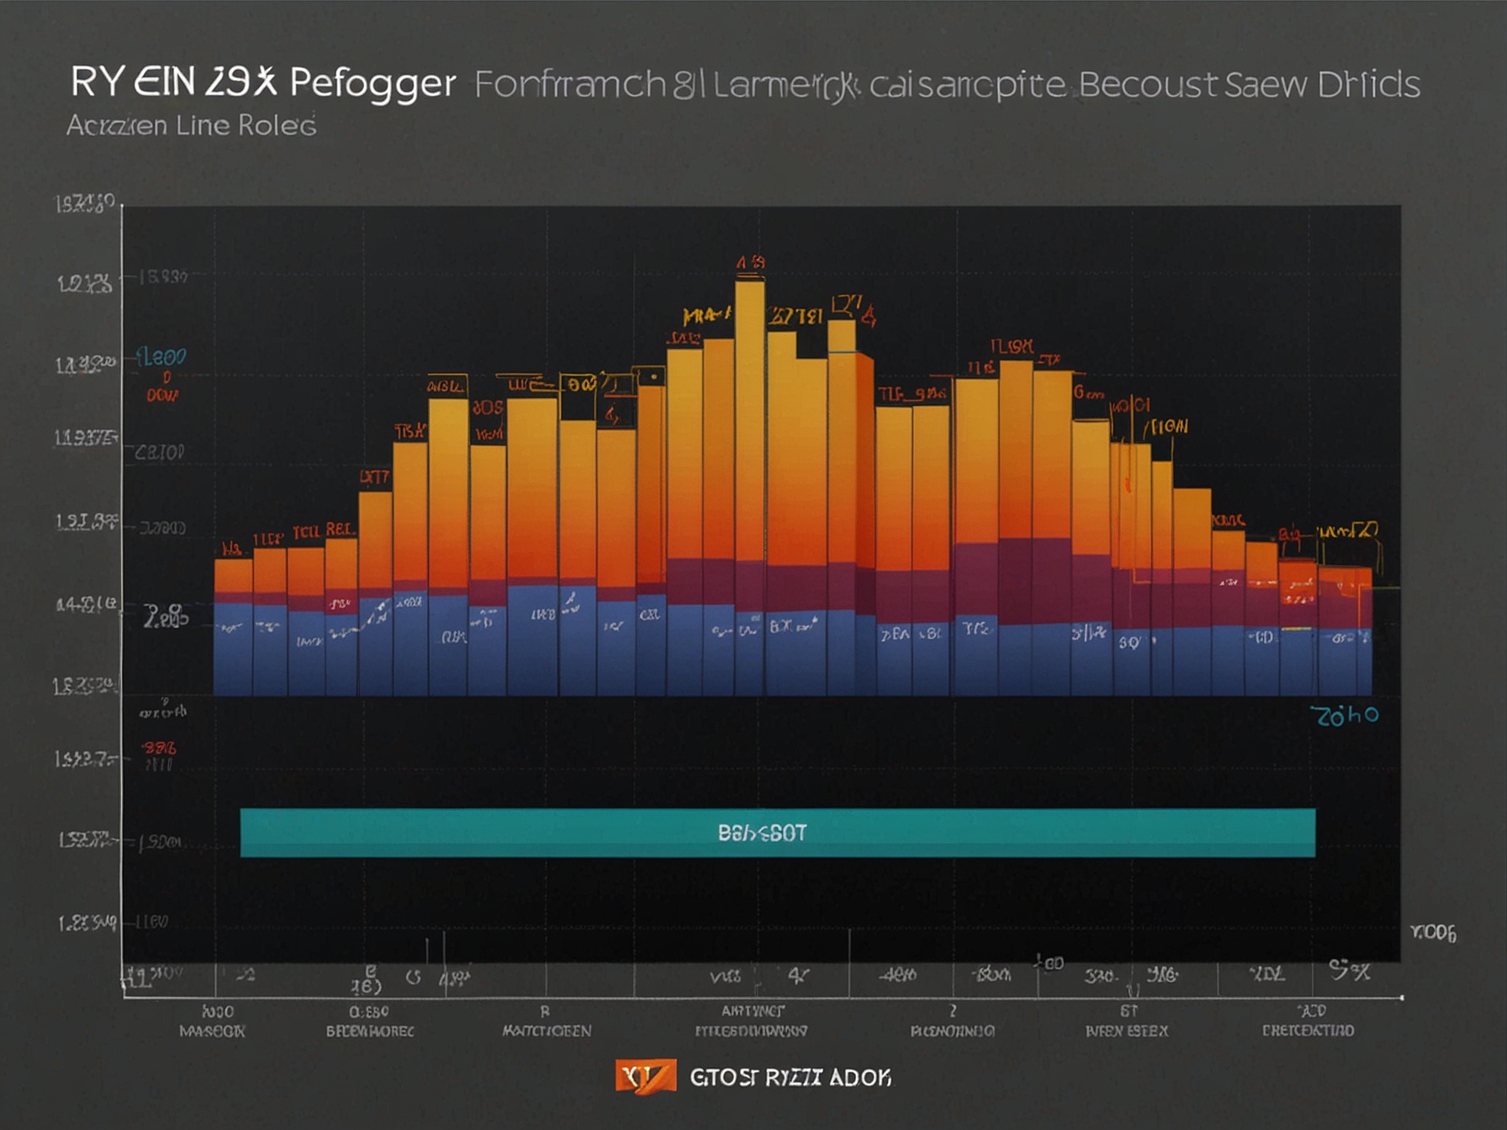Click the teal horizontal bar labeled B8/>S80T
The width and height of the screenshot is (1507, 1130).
point(777,832)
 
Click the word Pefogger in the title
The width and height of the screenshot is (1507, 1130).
point(373,82)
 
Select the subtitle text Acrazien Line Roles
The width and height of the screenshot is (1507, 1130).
point(191,125)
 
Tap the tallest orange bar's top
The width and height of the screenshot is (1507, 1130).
point(749,285)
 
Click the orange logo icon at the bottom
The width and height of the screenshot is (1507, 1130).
point(645,1076)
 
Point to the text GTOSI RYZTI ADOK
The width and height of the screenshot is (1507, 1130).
point(790,1077)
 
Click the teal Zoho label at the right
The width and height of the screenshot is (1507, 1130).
point(1345,715)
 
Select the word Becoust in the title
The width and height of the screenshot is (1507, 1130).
point(1147,84)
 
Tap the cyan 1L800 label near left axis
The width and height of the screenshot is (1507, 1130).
point(161,356)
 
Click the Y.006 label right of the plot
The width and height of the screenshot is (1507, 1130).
point(1433,932)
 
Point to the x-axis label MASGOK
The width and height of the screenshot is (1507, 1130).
point(212,1031)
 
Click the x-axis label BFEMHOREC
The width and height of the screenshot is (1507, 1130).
point(370,1031)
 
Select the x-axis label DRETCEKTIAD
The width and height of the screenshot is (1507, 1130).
point(1308,1031)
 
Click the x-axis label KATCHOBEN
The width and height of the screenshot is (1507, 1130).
point(547,1031)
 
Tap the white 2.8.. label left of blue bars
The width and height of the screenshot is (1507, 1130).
point(166,617)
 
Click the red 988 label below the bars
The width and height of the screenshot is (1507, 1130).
point(158,747)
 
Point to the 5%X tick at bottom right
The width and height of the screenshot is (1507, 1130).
point(1349,971)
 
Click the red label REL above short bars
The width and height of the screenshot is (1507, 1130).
point(341,530)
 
